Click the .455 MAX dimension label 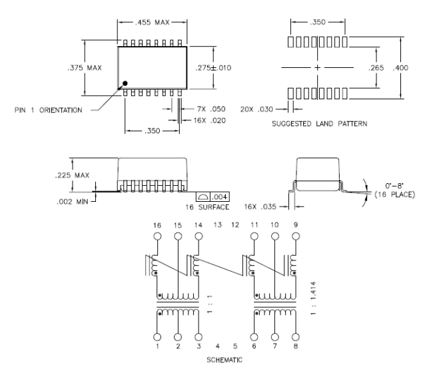152,22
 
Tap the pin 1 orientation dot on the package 125,83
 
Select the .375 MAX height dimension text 85,68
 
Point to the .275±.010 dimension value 213,68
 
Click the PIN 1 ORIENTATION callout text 49,110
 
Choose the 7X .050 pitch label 211,109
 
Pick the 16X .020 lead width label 209,121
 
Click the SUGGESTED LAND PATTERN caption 320,124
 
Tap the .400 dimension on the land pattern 400,68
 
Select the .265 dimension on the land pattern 376,68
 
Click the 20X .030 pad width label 256,109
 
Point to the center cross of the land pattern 317,67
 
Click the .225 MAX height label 72,175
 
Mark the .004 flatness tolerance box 213,196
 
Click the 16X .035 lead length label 260,206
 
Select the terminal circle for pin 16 157,236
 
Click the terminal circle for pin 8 296,337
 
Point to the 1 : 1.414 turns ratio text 313,298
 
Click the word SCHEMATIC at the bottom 224,360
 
